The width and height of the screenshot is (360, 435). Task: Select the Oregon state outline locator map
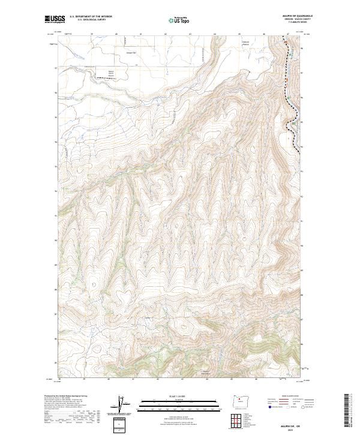click(243, 403)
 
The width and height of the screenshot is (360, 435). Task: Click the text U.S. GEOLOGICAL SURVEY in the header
click(91, 20)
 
